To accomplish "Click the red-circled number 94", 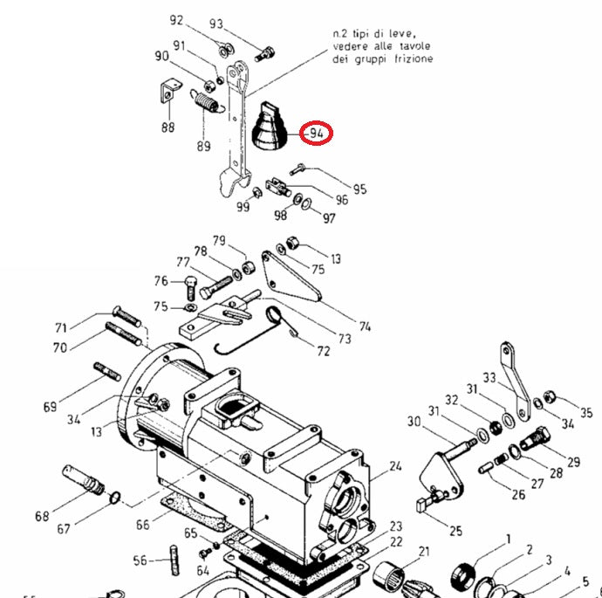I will click(316, 134).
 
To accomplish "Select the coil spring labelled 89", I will click(206, 103).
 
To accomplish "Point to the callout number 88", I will click(167, 127).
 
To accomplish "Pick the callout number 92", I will click(177, 21).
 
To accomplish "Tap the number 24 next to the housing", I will click(395, 466).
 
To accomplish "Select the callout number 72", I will click(324, 352).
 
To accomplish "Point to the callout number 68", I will click(42, 516).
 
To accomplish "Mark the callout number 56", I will click(140, 560).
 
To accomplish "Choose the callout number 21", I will click(425, 551).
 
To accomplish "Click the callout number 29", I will click(573, 462).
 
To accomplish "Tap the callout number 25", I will click(455, 530).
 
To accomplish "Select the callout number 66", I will click(143, 524).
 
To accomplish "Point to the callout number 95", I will click(359, 189).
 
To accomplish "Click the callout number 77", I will click(183, 262).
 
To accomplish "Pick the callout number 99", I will click(243, 206).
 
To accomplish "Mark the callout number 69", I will click(50, 407).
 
